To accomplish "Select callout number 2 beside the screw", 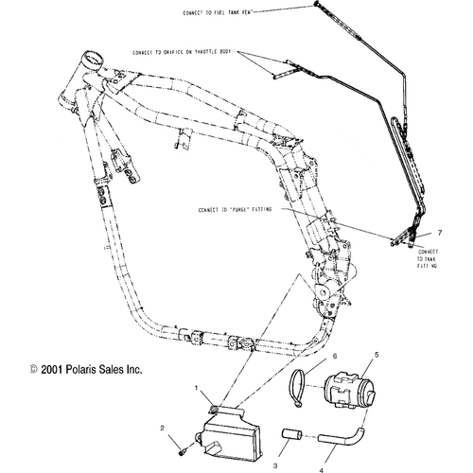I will tap(162, 429).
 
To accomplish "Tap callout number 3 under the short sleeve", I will tap(276, 441).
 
